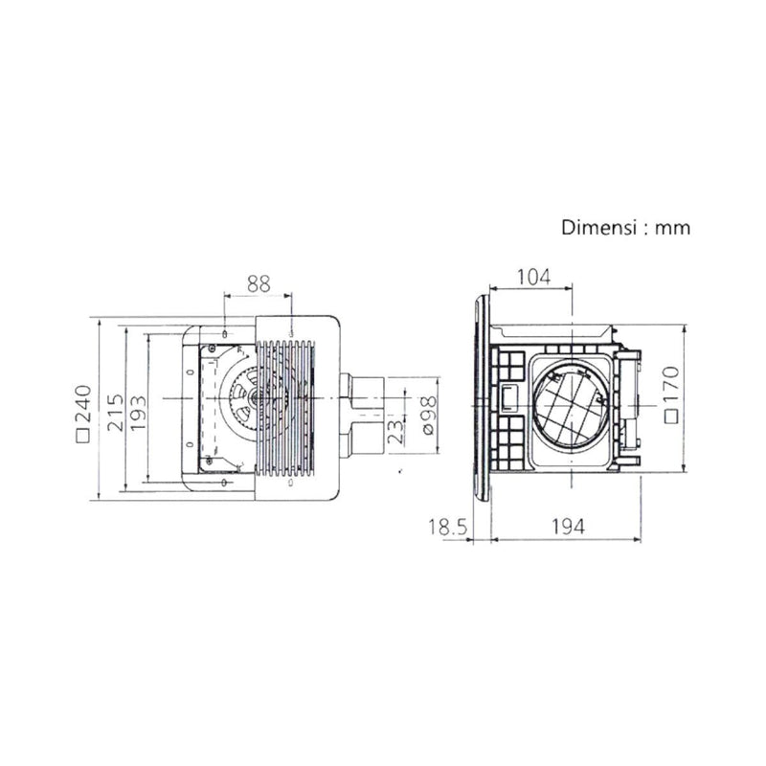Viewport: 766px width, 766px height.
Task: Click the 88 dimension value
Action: tap(259, 283)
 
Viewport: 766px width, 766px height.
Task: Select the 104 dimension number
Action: tap(533, 277)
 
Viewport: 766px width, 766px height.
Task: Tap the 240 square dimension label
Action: tap(83, 413)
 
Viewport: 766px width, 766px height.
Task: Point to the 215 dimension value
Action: tap(115, 413)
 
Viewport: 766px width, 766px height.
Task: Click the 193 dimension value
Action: tap(138, 413)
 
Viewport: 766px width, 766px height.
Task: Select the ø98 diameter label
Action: tap(428, 416)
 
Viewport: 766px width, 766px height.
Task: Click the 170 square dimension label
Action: tap(672, 394)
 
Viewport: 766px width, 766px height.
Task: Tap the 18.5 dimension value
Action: tap(448, 528)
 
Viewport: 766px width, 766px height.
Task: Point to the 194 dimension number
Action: tap(568, 527)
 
